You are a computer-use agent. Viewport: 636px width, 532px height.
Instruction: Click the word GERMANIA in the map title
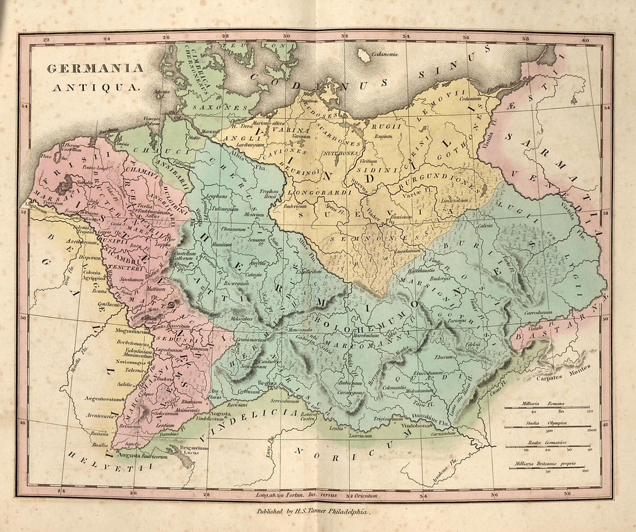click(x=95, y=68)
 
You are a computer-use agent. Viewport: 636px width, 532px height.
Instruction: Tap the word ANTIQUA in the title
click(x=95, y=88)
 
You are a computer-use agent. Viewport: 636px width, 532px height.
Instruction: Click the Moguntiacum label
click(x=134, y=332)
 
